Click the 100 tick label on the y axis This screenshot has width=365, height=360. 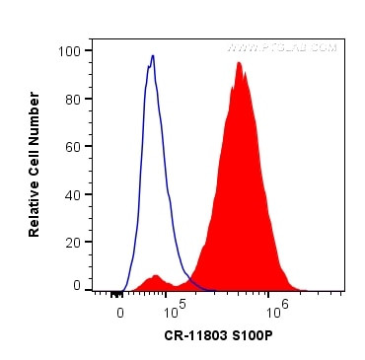coord(70,50)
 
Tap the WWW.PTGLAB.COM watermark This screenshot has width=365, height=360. coord(281,47)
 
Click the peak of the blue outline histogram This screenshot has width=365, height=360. coord(153,56)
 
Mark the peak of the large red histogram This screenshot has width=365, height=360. coord(239,64)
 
